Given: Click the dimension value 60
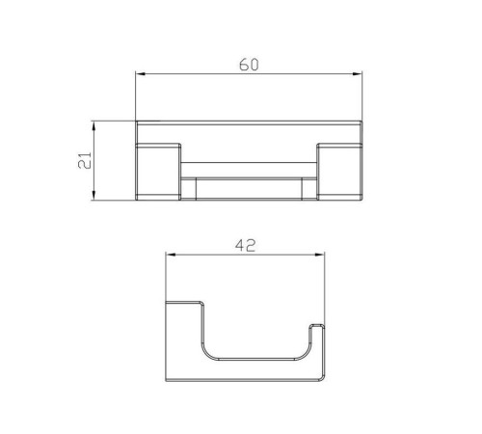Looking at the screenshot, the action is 249,65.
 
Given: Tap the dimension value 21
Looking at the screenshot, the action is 85,160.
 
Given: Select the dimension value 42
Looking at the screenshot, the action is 245,246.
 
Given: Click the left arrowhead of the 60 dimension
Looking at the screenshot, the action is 141,74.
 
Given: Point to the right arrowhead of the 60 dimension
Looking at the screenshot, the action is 357,74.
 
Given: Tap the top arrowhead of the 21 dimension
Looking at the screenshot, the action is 94,126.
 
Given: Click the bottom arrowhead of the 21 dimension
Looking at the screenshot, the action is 94,195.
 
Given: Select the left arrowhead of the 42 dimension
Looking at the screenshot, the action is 171,255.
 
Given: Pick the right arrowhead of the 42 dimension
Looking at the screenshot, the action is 319,255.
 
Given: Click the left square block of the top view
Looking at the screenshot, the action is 158,172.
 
